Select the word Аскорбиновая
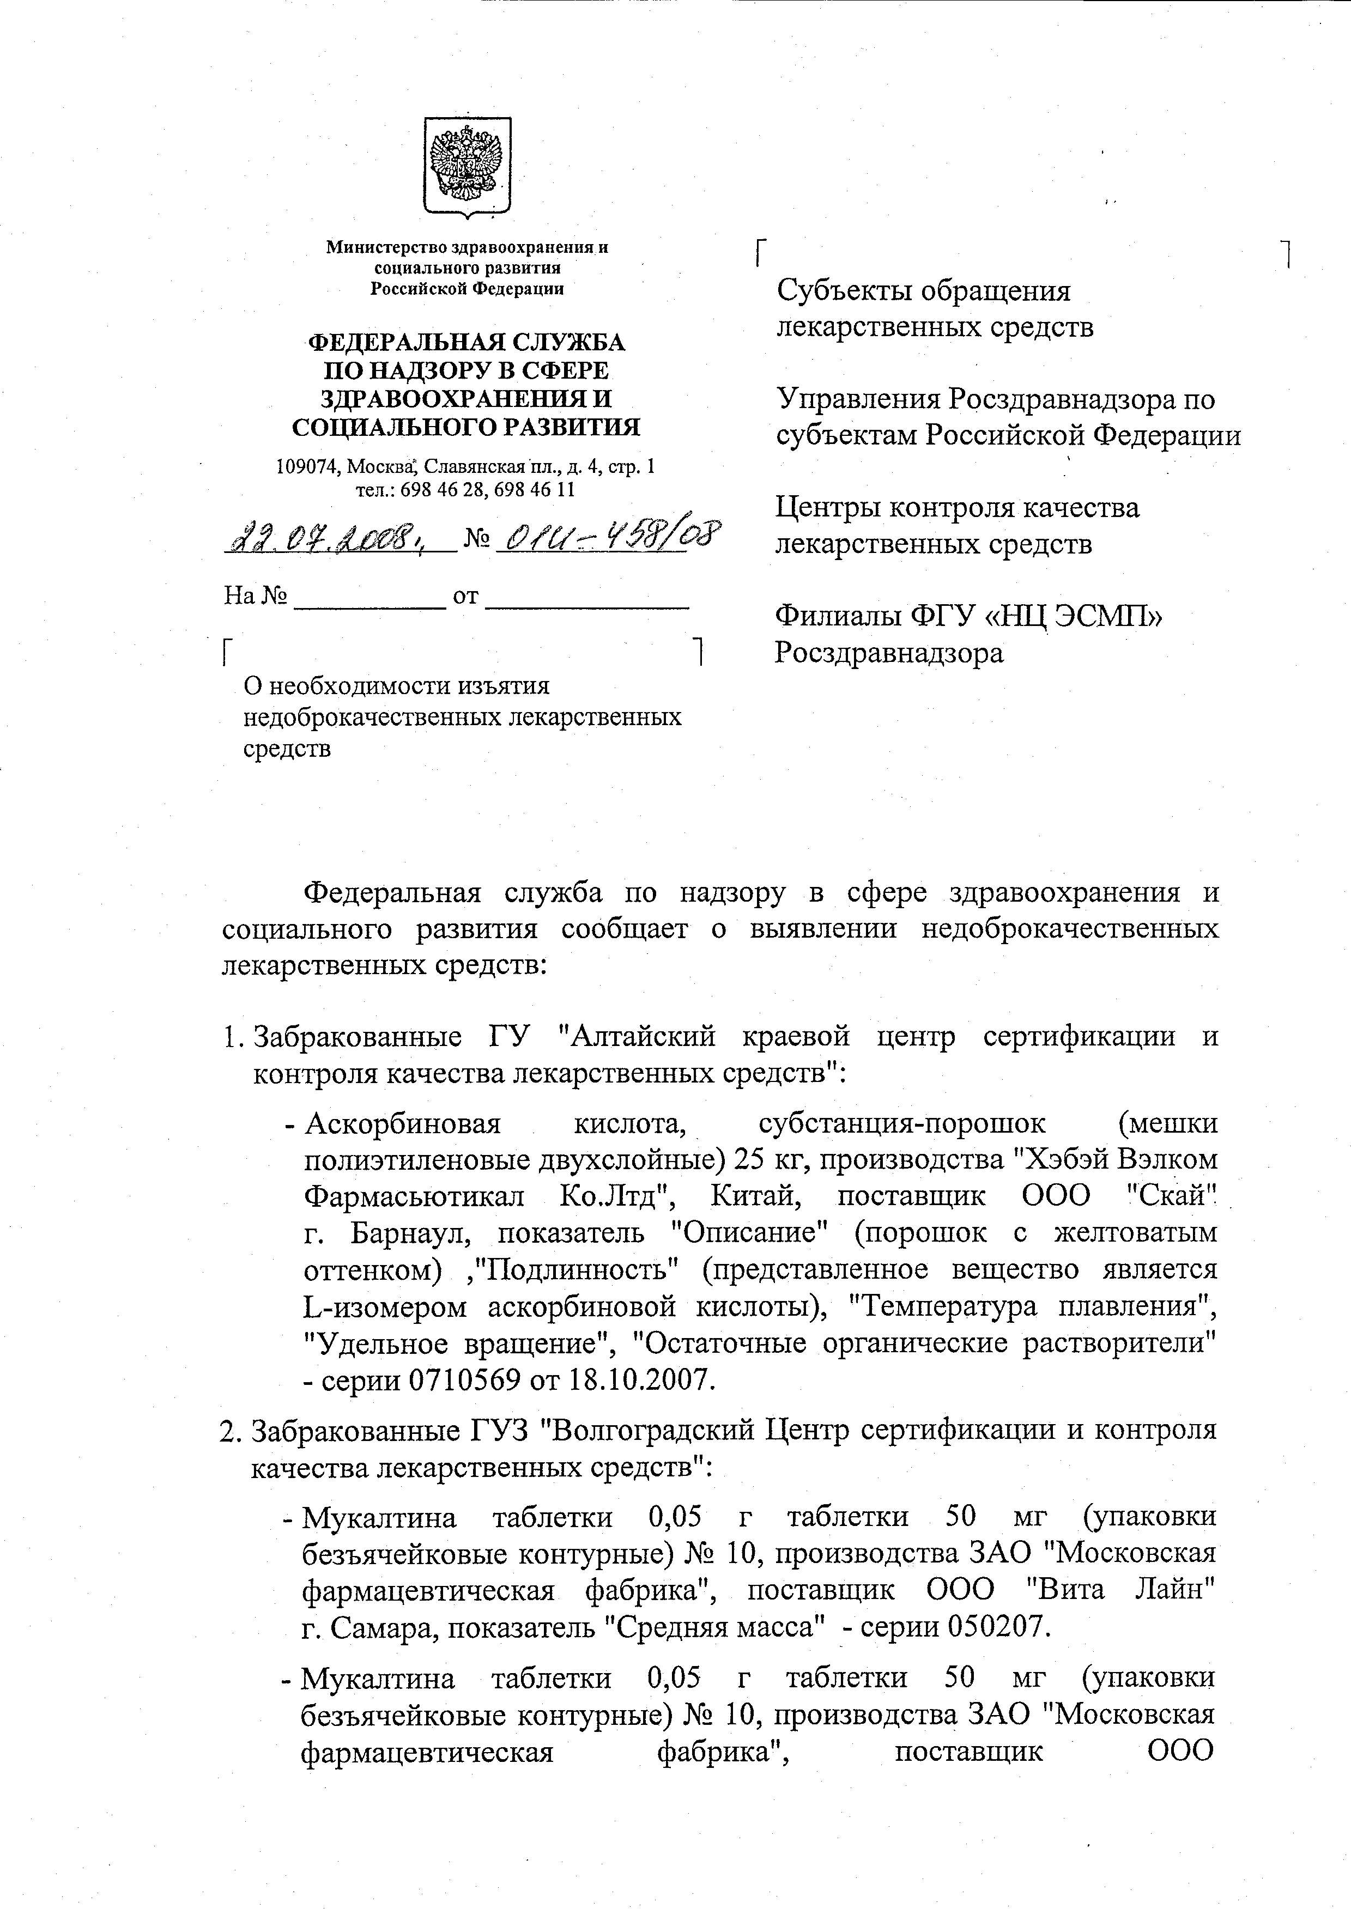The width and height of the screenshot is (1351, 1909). pyautogui.click(x=403, y=1124)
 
